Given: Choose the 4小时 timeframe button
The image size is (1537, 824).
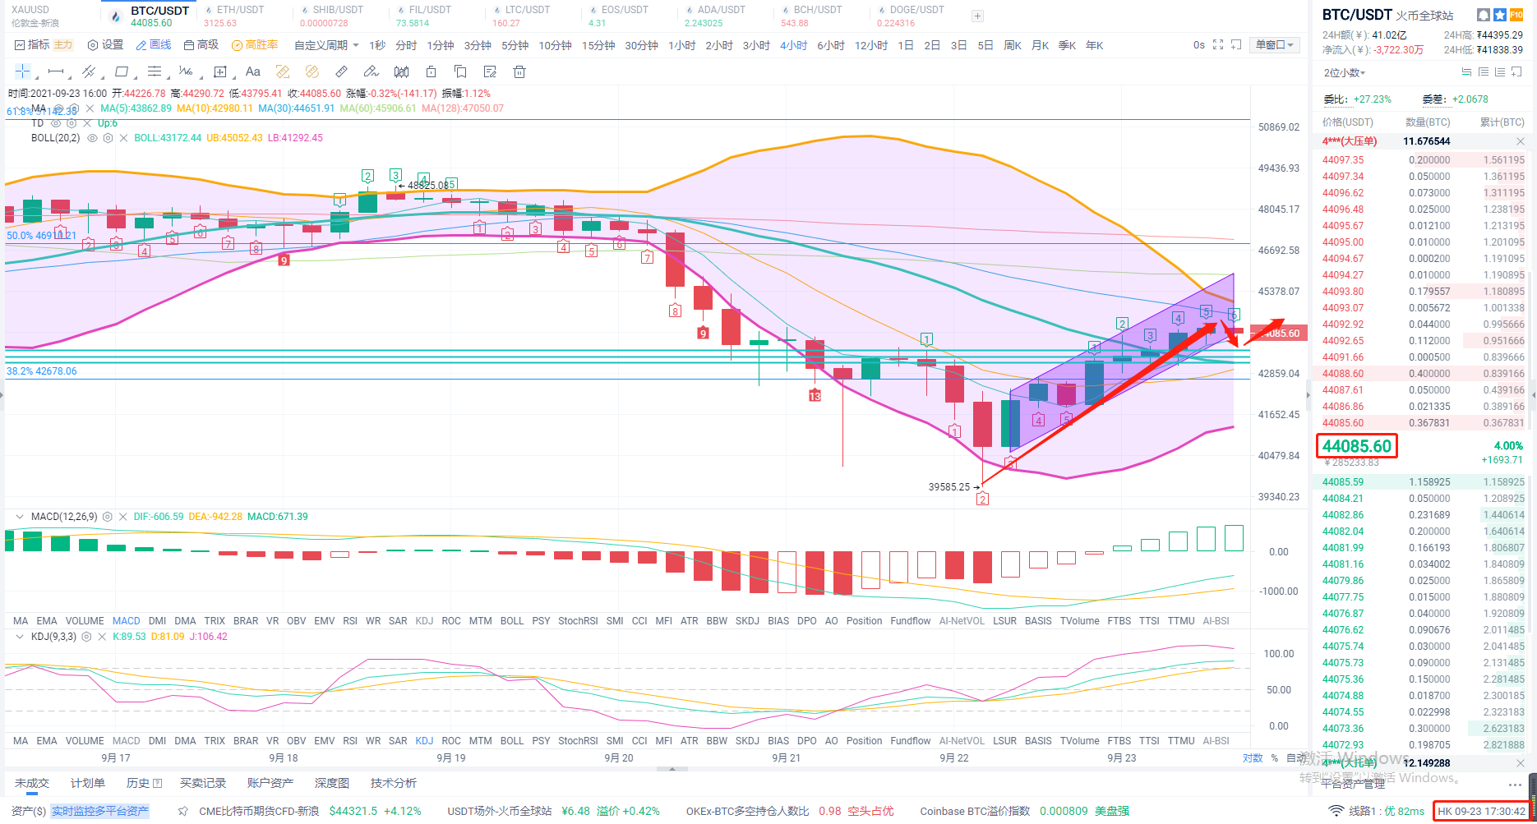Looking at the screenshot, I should tap(793, 45).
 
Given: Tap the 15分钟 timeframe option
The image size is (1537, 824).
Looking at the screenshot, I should tap(598, 45).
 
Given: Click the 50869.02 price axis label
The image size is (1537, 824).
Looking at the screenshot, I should tap(1278, 127).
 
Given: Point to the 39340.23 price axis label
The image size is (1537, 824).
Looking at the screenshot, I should tap(1278, 497).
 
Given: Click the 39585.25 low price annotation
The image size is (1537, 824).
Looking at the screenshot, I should tap(949, 487).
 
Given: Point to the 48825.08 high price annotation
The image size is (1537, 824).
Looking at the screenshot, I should tap(429, 186).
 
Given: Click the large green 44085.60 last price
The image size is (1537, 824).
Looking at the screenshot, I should tap(1357, 446).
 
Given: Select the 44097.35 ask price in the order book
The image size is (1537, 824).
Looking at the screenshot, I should tap(1342, 160).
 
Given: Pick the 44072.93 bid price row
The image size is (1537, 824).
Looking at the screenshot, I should tap(1342, 745).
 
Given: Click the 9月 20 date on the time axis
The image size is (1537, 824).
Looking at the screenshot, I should tap(618, 758).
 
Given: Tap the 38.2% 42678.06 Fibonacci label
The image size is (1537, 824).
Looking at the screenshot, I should tap(42, 371).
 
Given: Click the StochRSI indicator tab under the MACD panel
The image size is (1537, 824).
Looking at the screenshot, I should tap(578, 621).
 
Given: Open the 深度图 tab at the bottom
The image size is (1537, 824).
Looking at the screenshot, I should tap(332, 783).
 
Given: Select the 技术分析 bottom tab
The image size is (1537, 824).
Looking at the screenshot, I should tap(394, 783).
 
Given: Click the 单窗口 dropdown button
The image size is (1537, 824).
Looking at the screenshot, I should tap(1274, 45).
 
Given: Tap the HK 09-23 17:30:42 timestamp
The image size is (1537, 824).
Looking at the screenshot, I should tap(1481, 811).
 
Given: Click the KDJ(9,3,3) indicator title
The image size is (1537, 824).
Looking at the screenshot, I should tap(53, 637).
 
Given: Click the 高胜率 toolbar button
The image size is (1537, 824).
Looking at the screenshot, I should tap(255, 45).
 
